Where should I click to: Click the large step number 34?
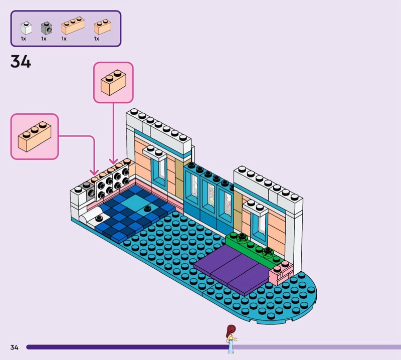21,62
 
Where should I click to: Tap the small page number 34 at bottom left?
14,347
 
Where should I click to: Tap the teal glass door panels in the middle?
208,196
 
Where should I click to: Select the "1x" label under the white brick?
23,39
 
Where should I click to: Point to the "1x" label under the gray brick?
44,39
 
